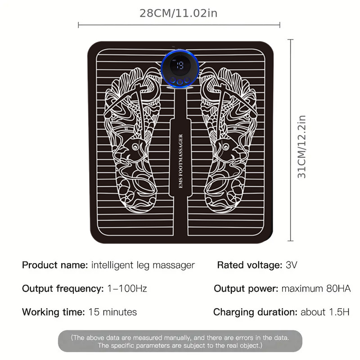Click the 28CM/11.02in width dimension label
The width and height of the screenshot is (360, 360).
(178, 13)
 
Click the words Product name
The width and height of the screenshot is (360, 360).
(55, 265)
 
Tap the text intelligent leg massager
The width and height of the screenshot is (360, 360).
(143, 265)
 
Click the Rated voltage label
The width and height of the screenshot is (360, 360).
(250, 265)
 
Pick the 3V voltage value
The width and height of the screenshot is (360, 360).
(292, 265)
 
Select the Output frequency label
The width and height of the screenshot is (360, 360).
(63, 288)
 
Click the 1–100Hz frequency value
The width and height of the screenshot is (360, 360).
(127, 288)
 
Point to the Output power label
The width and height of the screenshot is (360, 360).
(246, 288)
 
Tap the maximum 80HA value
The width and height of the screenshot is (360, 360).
(316, 288)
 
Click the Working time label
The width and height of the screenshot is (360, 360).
(53, 312)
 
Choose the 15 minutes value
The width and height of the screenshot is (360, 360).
(112, 312)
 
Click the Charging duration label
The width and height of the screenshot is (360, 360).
(255, 312)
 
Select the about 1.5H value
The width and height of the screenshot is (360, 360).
(325, 312)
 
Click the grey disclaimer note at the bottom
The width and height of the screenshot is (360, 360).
(180, 341)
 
